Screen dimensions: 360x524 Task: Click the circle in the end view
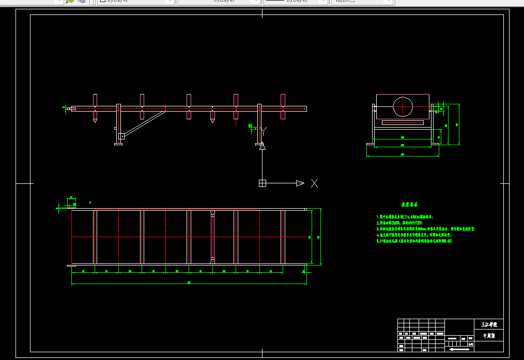click(x=403, y=107)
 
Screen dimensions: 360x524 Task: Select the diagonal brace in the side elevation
click(x=145, y=123)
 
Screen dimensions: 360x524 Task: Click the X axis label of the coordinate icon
click(x=314, y=183)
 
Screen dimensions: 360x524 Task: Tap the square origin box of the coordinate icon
click(x=263, y=183)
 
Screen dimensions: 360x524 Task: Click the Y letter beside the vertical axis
click(x=265, y=130)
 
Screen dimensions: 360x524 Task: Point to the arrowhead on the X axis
click(x=300, y=183)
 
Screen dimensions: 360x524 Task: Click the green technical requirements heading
click(x=409, y=205)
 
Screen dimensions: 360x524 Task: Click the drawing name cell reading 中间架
click(x=488, y=336)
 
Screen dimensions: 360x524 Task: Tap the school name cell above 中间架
click(x=488, y=325)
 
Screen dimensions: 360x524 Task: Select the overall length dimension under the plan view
click(x=189, y=283)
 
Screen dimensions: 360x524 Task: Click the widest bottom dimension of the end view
click(x=403, y=154)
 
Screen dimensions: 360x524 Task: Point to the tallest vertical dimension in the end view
click(x=457, y=124)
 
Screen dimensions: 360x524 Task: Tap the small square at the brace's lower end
click(x=121, y=136)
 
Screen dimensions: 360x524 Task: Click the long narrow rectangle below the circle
click(x=403, y=122)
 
